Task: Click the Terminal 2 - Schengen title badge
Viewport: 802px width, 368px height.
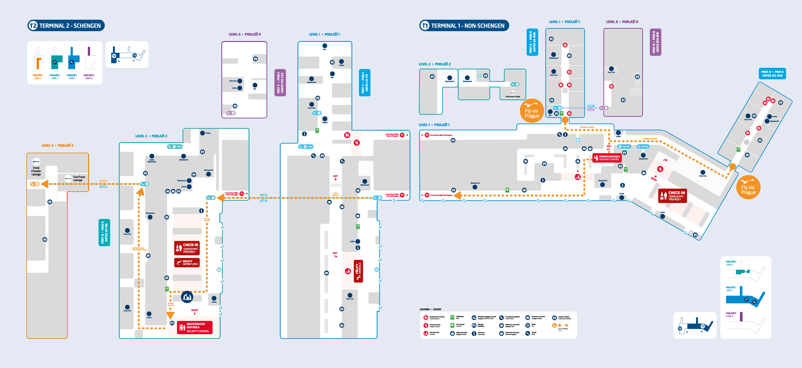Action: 66,26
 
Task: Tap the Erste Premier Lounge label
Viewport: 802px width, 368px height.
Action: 36,171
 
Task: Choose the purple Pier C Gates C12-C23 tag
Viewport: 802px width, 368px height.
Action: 280,83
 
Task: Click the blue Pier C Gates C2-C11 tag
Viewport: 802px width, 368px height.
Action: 365,83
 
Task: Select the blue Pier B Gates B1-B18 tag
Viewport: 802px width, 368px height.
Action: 532,42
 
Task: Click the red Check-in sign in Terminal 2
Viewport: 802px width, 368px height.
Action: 187,248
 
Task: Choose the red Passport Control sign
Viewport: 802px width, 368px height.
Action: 607,158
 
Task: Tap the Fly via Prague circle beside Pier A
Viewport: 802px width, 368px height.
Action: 748,188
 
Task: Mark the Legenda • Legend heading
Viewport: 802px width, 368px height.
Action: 430,309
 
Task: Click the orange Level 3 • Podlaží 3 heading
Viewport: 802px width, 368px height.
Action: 58,146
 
